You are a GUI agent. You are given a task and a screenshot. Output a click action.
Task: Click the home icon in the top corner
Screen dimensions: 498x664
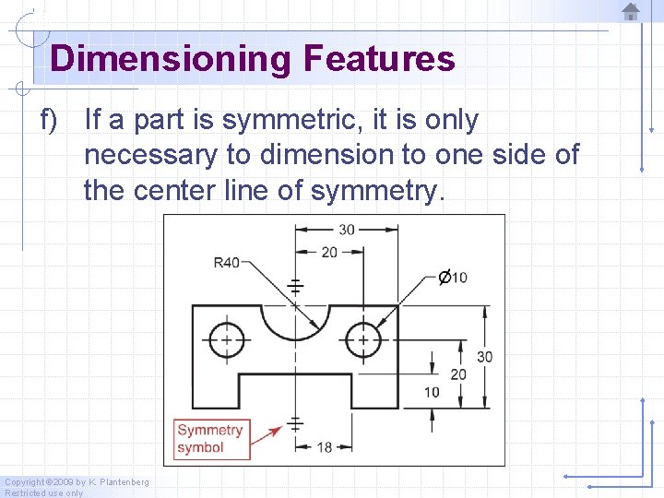[x=631, y=11]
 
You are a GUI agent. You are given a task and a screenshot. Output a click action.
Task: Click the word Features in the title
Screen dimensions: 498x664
[x=379, y=59]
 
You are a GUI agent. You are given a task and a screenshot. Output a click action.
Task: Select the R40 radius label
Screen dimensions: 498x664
[x=226, y=262]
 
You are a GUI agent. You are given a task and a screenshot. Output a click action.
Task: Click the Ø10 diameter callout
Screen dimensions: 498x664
[x=453, y=277]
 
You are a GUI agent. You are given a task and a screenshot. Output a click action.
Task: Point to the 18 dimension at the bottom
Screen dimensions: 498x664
[x=325, y=446]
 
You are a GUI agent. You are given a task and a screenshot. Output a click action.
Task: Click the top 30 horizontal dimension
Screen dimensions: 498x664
[x=346, y=229]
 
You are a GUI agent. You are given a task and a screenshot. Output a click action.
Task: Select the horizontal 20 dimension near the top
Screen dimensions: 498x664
[x=329, y=251]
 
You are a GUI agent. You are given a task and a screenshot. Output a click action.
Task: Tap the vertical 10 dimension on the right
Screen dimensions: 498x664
[x=432, y=392]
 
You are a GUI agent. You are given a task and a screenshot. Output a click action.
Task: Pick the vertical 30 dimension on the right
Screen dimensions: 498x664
[x=484, y=357]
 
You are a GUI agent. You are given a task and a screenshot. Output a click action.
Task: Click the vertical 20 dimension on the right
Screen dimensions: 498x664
[x=458, y=373]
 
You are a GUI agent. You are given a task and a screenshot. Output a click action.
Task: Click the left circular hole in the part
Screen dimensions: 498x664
[x=224, y=339]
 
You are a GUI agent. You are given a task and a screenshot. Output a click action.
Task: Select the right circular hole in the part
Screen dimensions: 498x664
[x=363, y=339]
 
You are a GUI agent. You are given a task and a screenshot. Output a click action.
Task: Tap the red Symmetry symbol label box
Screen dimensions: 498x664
[x=211, y=439]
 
